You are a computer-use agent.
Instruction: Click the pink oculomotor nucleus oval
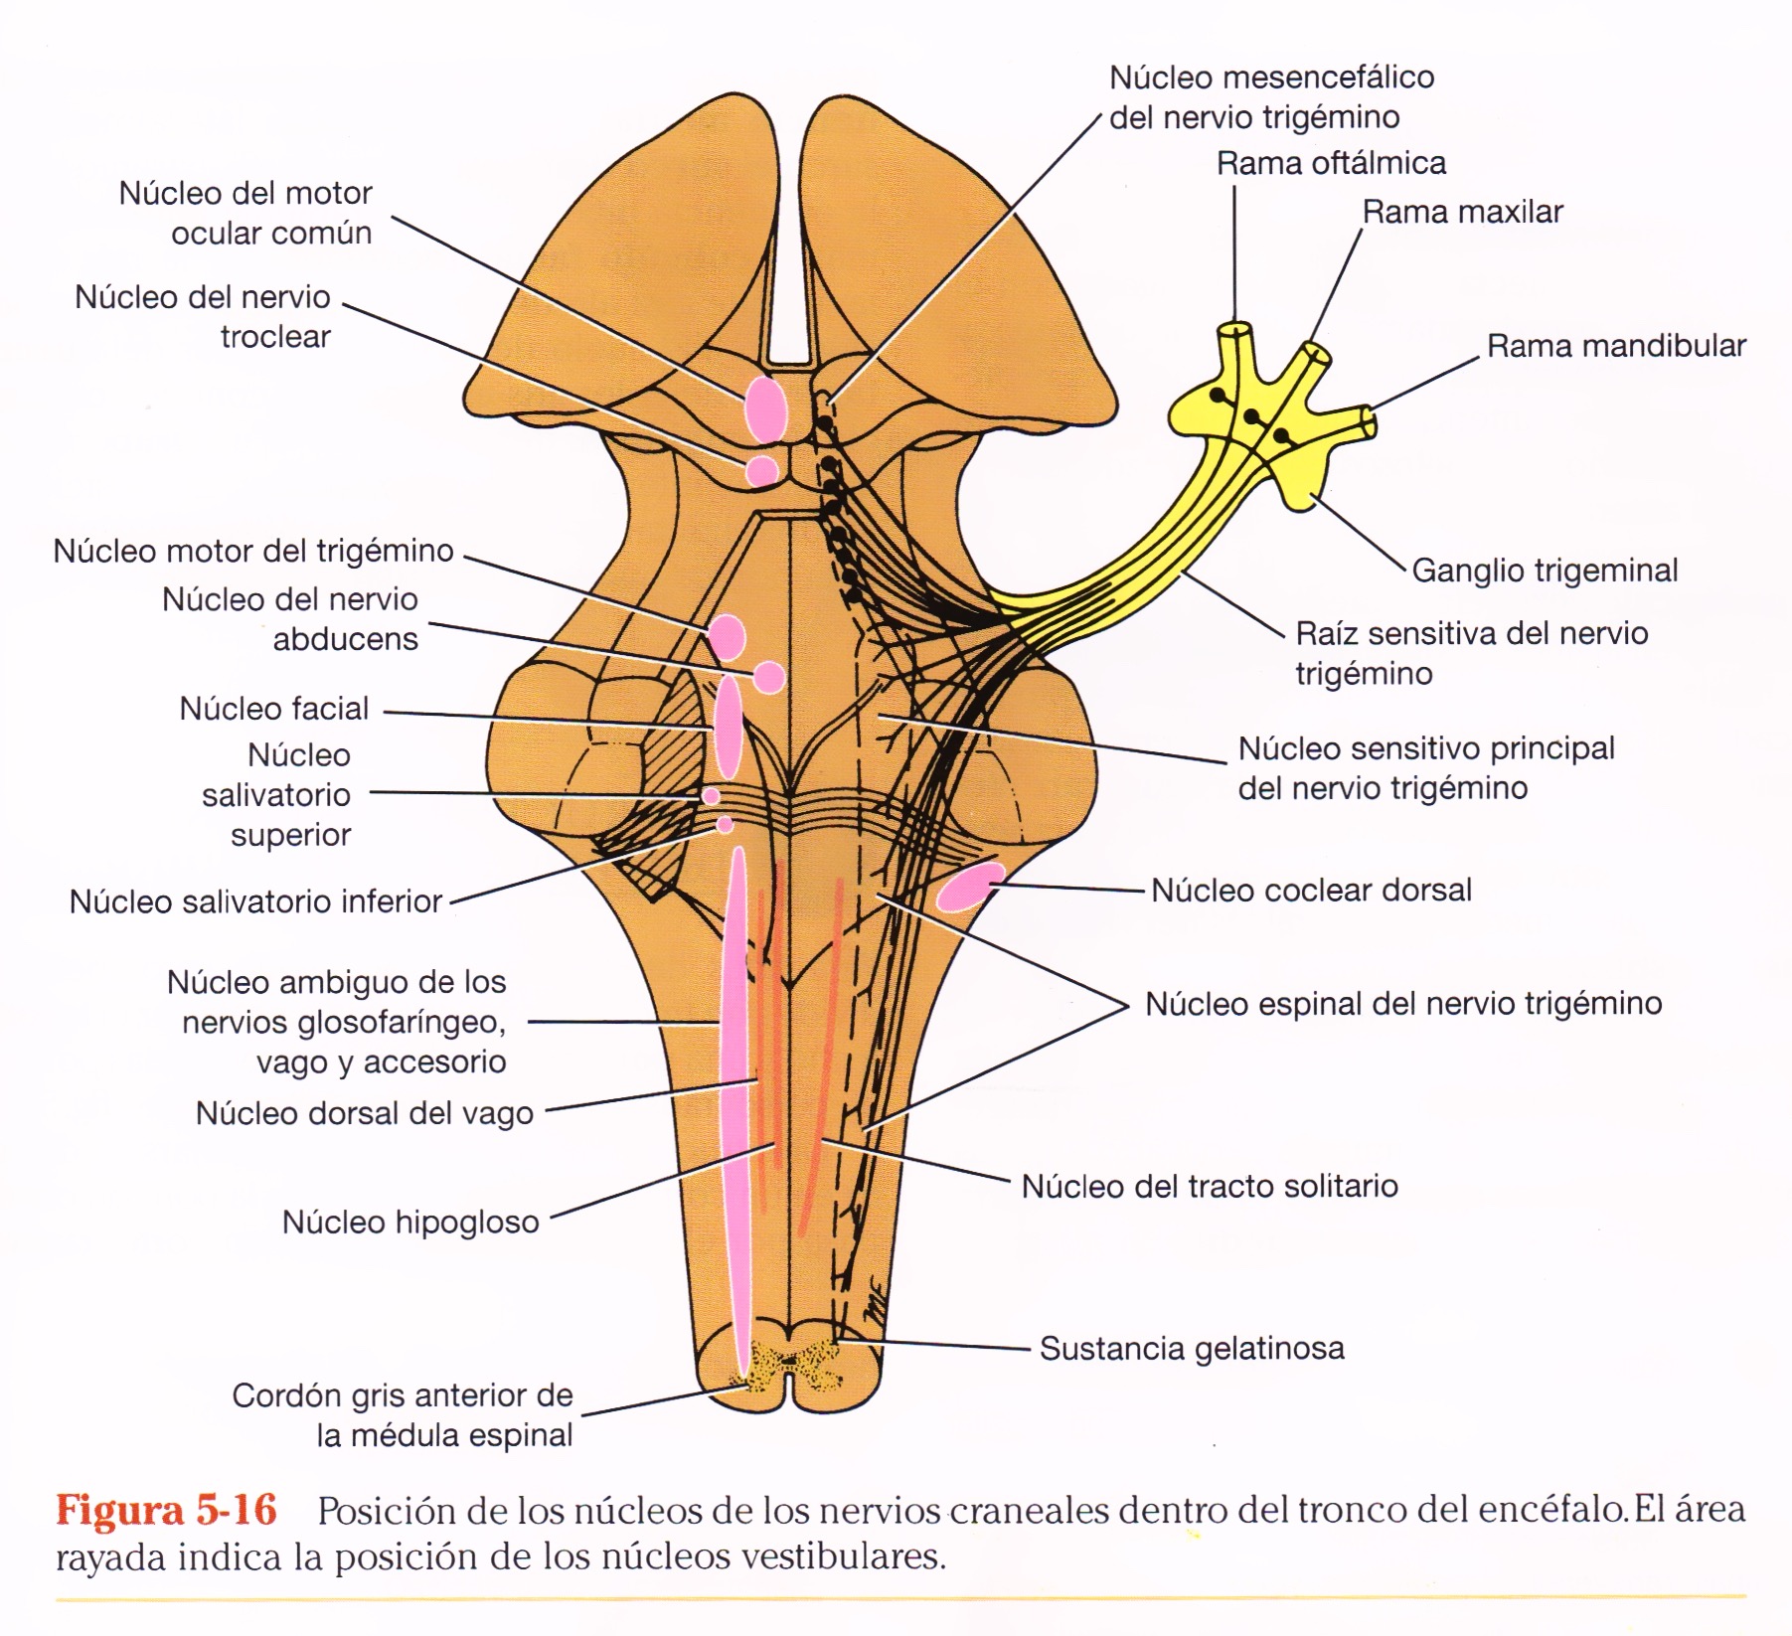tap(765, 408)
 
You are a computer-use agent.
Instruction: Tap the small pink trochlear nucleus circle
tap(761, 470)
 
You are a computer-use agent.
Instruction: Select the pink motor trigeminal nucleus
tap(727, 637)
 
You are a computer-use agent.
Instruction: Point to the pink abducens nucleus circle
tap(768, 678)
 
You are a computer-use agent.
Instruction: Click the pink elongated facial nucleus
tap(729, 727)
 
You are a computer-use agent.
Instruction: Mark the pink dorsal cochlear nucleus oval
tap(969, 887)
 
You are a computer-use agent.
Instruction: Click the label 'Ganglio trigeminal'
tap(1544, 571)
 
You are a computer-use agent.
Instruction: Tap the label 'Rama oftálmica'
tap(1331, 163)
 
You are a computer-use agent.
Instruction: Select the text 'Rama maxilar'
tap(1462, 212)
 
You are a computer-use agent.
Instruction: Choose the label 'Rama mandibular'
tap(1616, 346)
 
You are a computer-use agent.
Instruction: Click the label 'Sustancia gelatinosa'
tap(1192, 1349)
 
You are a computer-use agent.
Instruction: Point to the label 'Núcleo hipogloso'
tap(410, 1223)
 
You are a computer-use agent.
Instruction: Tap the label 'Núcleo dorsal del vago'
tap(365, 1113)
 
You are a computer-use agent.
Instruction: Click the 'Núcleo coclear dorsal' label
tap(1311, 891)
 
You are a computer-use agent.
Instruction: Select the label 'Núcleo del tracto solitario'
tap(1210, 1186)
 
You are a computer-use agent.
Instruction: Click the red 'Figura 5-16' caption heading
tap(166, 1511)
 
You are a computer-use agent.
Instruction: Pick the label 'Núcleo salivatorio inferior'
tap(255, 901)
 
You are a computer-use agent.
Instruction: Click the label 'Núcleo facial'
tap(274, 709)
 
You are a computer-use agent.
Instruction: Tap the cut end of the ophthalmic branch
tap(1236, 328)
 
